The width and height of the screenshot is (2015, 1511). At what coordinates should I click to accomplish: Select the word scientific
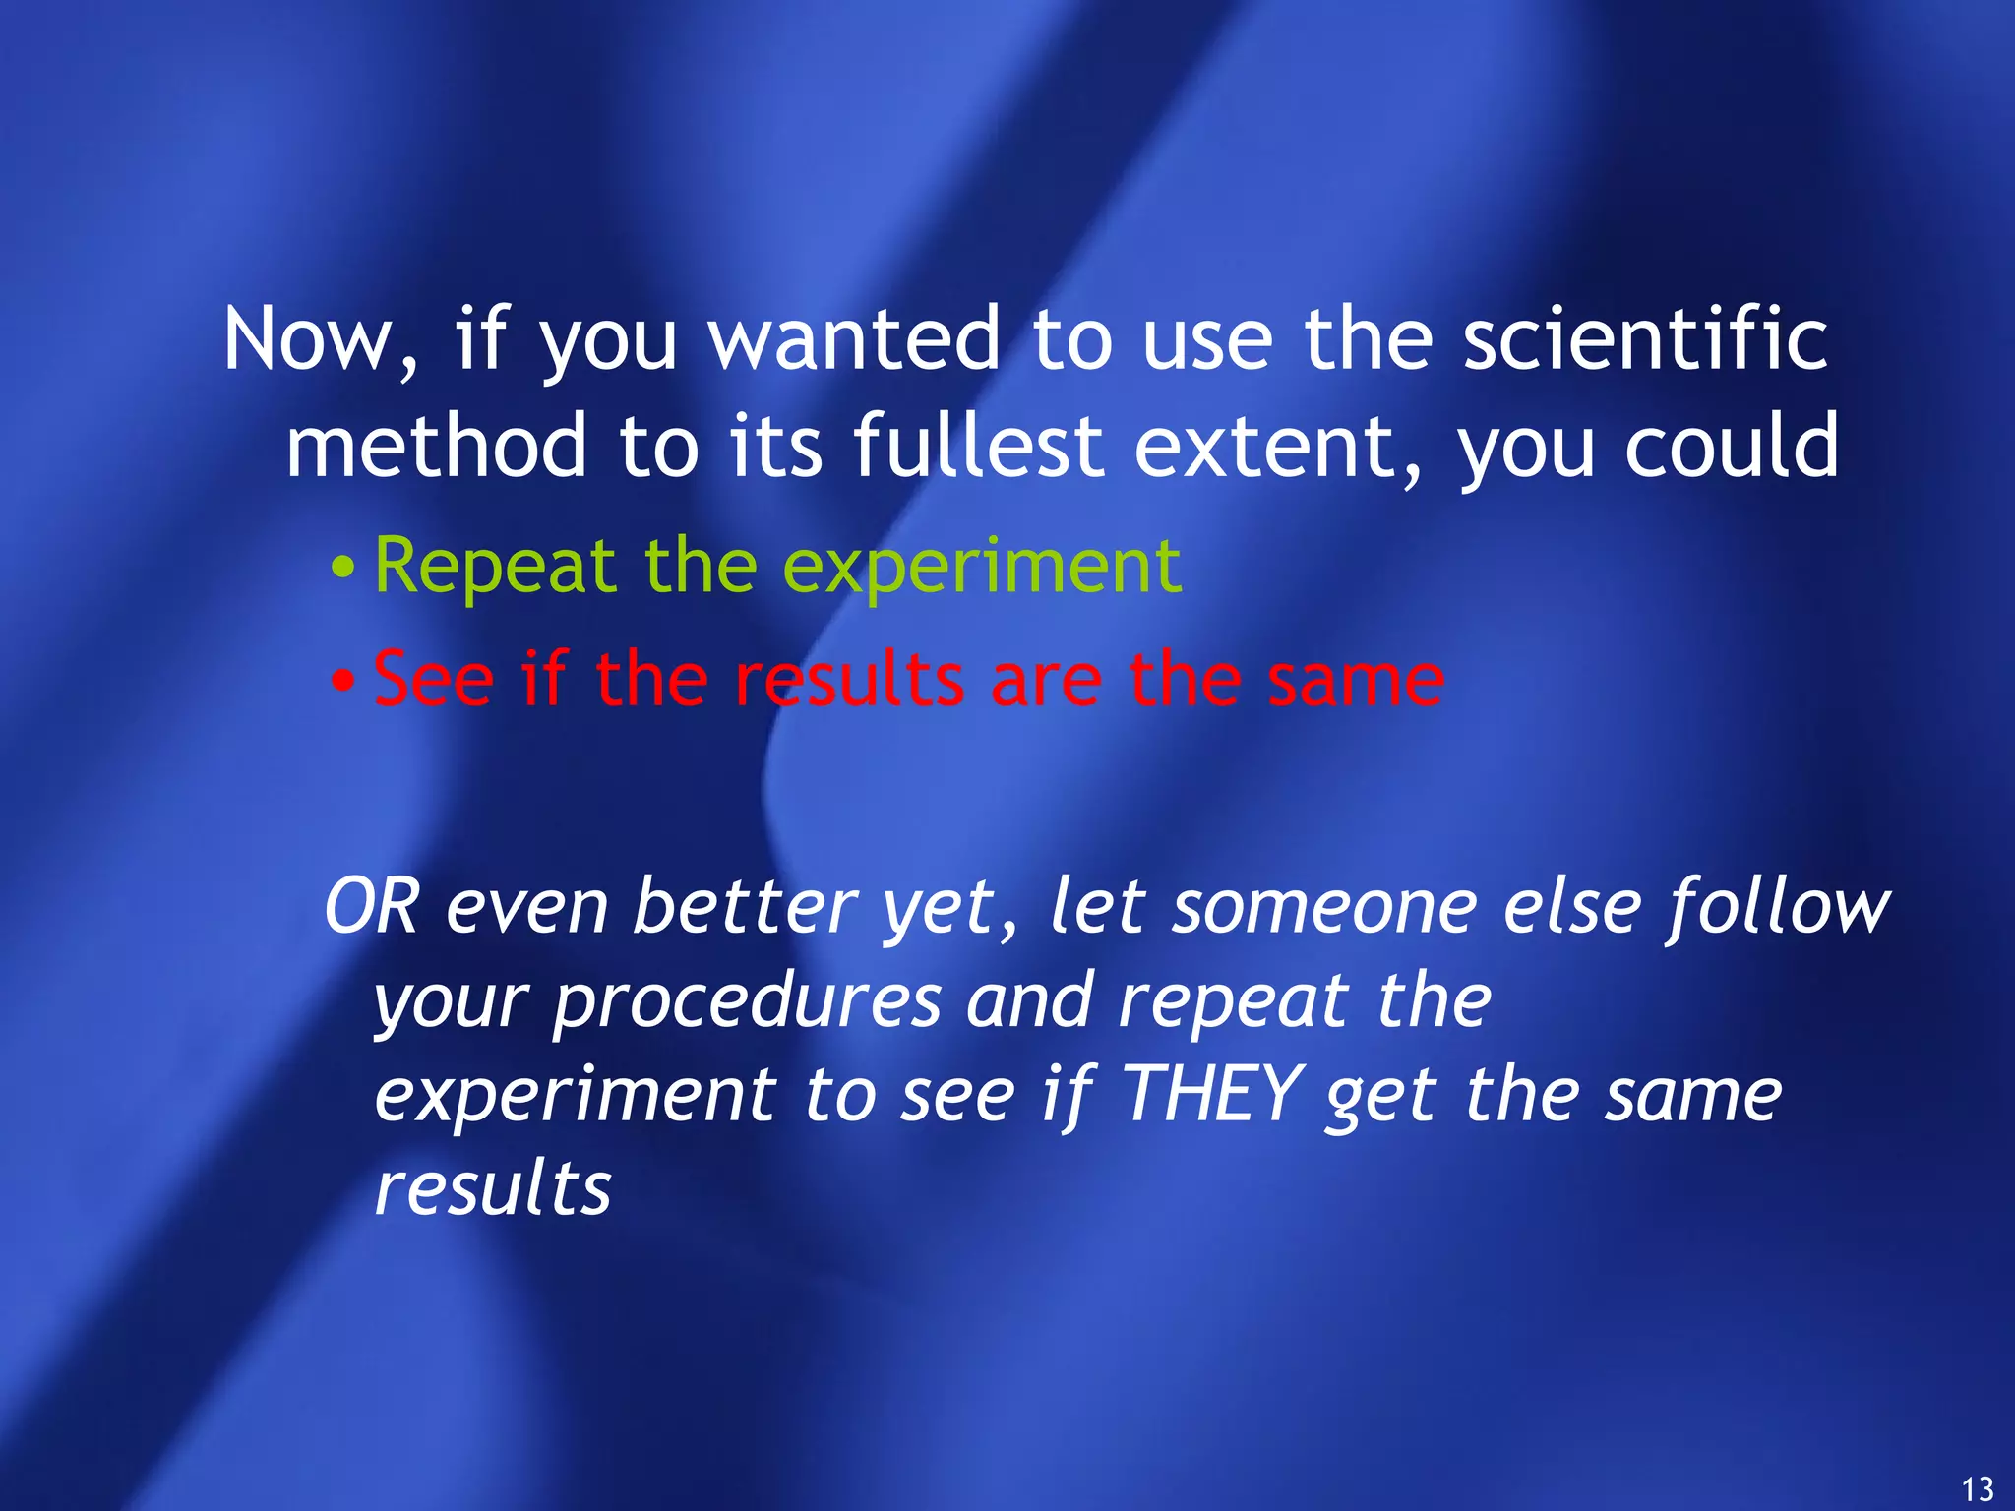[x=1645, y=339]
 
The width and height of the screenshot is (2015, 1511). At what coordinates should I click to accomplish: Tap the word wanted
[x=854, y=339]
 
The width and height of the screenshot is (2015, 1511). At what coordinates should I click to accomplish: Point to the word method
[x=437, y=448]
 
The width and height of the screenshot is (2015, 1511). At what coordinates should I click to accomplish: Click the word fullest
[x=978, y=448]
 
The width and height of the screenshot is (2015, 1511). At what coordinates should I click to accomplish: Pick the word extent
[x=1276, y=448]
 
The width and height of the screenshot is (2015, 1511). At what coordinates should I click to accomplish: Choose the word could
[x=1732, y=448]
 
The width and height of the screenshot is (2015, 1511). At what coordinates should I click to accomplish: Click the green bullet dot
[x=342, y=569]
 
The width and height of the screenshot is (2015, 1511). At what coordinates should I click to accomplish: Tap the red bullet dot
[x=342, y=681]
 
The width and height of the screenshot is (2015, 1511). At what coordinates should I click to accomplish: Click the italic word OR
[x=372, y=906]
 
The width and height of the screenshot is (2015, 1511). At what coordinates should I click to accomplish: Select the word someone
[x=1324, y=906]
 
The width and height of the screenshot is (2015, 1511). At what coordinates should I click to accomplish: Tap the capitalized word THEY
[x=1212, y=1094]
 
